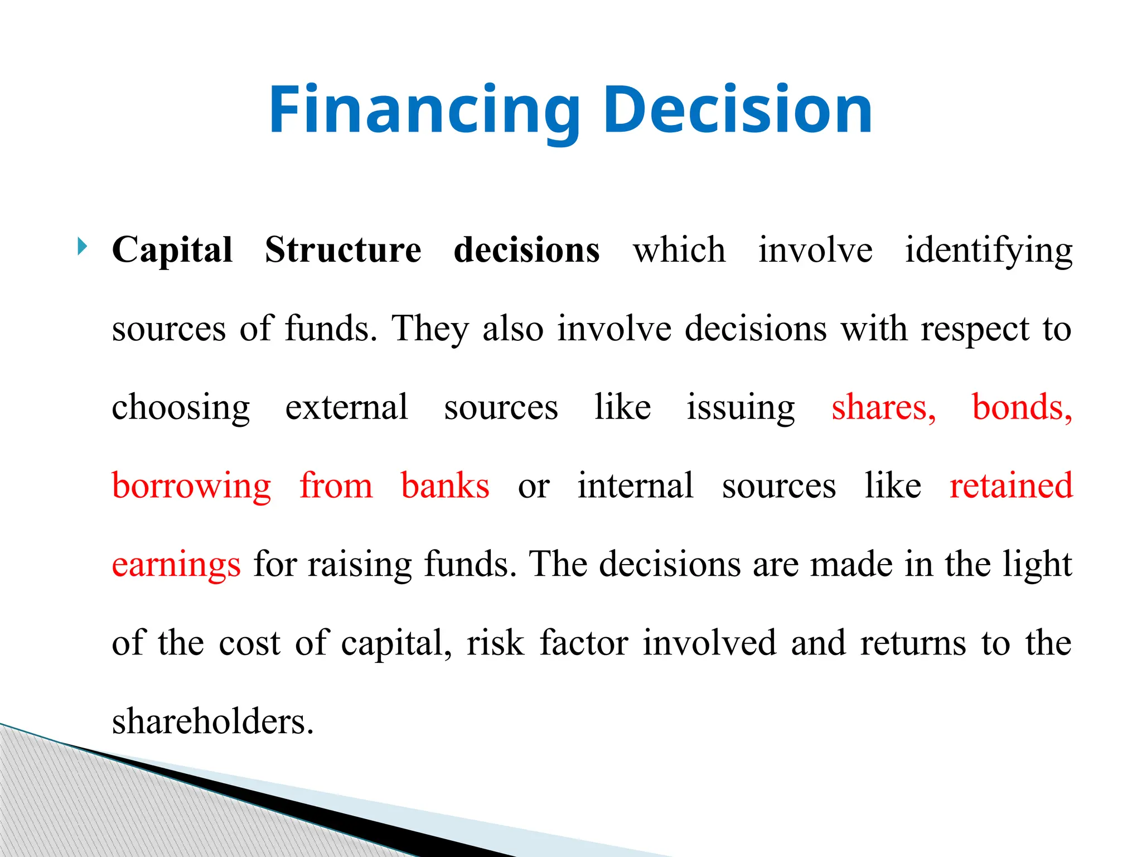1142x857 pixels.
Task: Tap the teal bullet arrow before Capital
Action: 83,246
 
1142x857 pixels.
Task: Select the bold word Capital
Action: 172,249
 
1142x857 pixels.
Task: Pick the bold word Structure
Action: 342,249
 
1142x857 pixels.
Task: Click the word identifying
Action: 988,251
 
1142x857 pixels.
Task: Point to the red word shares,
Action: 883,407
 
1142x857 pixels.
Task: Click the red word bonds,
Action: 1022,407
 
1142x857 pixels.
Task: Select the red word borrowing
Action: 191,486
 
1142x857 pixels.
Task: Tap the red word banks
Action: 445,485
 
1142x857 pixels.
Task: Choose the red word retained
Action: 1011,485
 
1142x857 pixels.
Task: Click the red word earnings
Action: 176,565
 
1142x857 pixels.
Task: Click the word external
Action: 346,407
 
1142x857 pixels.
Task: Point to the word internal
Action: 635,485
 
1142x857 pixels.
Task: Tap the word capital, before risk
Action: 396,643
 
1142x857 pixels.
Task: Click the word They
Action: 430,329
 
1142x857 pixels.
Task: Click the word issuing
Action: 741,407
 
